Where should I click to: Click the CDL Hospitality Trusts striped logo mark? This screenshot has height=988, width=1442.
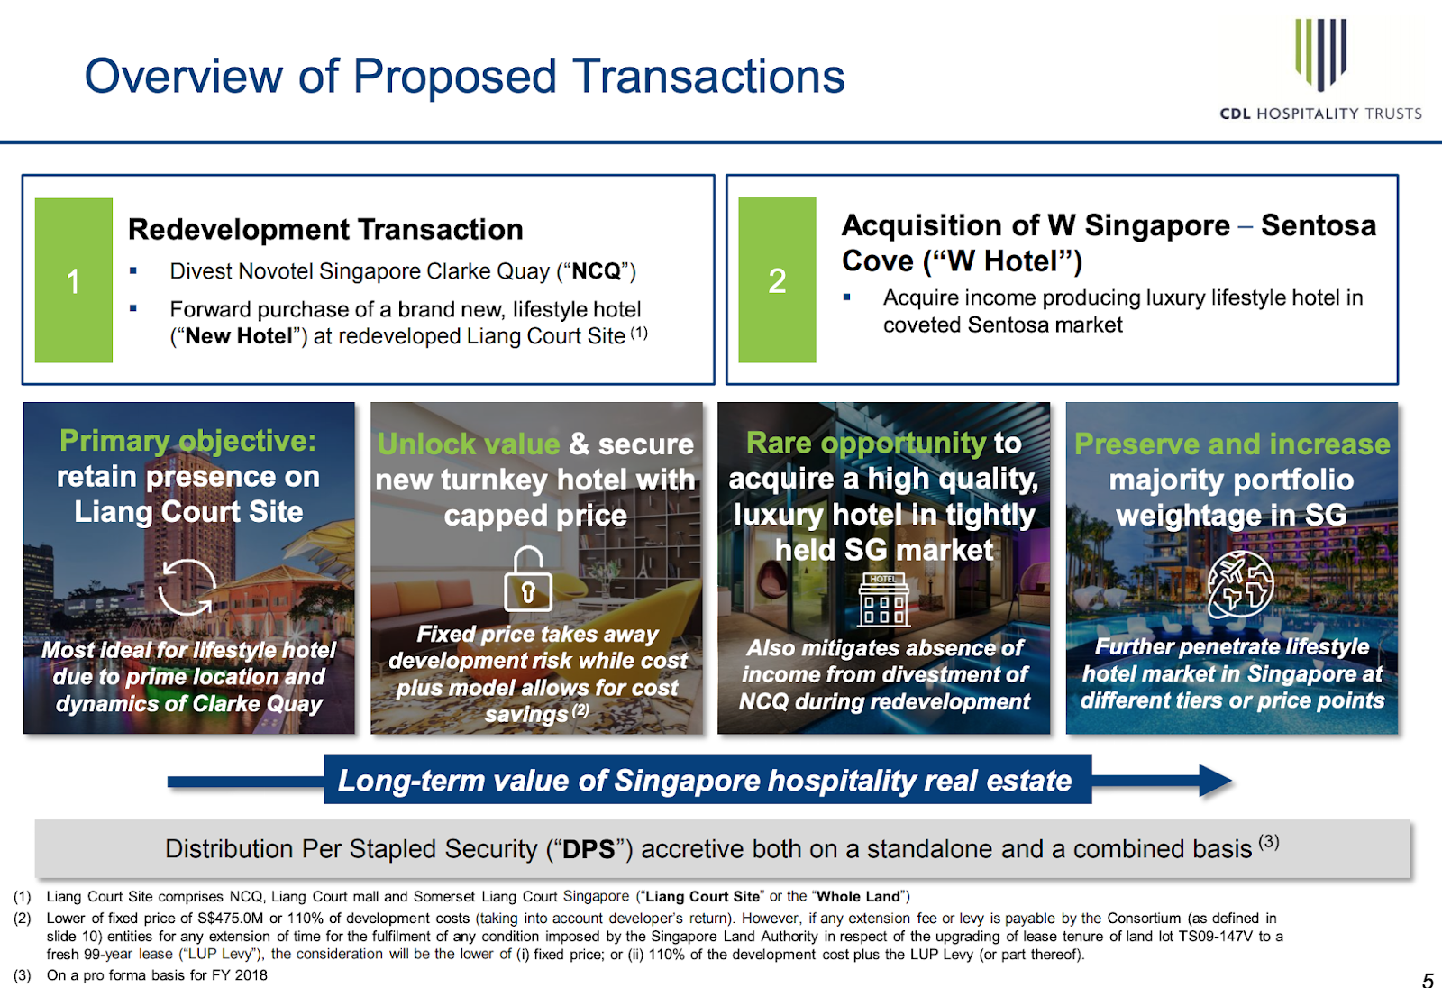pyautogui.click(x=1320, y=55)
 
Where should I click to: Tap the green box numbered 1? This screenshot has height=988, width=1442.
pyautogui.click(x=73, y=280)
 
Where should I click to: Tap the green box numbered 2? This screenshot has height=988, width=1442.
pyautogui.click(x=777, y=279)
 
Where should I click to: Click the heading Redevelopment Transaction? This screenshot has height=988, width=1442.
pyautogui.click(x=325, y=229)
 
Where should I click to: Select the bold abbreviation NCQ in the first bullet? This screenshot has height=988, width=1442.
pyautogui.click(x=596, y=271)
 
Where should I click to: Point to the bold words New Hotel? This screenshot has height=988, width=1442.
pyautogui.click(x=239, y=336)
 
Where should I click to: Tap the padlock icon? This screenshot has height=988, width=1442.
pyautogui.click(x=528, y=579)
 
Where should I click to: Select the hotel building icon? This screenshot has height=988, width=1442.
pyautogui.click(x=883, y=599)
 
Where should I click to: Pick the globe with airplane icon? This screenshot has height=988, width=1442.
pyautogui.click(x=1240, y=585)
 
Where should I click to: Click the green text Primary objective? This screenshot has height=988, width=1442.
pyautogui.click(x=188, y=441)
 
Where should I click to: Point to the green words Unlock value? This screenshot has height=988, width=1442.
pyautogui.click(x=468, y=444)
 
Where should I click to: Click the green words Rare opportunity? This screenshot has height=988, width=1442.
pyautogui.click(x=866, y=444)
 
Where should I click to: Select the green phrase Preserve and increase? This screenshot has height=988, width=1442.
pyautogui.click(x=1232, y=444)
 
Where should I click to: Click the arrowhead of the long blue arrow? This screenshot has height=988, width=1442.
pyautogui.click(x=1216, y=782)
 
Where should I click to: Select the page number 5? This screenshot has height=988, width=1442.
pyautogui.click(x=1428, y=980)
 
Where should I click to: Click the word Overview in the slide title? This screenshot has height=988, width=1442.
pyautogui.click(x=184, y=76)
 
